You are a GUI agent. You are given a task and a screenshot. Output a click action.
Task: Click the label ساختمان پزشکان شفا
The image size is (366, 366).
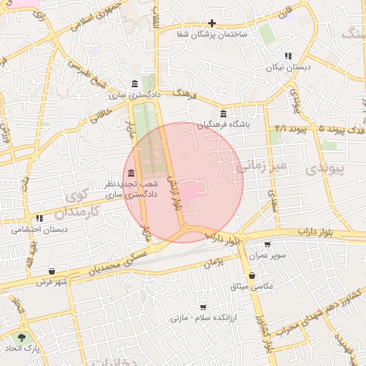coord(212,33)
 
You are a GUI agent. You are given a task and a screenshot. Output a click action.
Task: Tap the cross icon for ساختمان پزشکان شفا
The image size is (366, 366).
coord(212,23)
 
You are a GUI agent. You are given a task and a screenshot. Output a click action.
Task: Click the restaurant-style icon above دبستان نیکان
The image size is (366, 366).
coord(287,56)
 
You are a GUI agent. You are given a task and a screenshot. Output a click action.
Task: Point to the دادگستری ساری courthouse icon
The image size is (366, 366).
coord(135,84)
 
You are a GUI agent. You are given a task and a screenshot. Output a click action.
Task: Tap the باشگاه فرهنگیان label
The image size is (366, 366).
coord(224,124)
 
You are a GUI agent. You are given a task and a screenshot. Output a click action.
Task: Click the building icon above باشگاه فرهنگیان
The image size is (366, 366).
coord(224,114)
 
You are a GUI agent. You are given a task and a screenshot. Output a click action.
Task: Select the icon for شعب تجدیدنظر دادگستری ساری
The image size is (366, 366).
coord(131,174)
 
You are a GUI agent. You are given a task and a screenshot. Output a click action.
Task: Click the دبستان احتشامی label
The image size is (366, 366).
coord(39,230)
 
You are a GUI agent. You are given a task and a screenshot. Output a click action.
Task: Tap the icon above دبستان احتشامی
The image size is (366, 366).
coord(39,219)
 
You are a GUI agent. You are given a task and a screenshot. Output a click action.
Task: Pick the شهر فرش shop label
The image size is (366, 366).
coord(52,282)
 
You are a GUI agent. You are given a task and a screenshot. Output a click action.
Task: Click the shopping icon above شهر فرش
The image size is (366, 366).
coord(52,272)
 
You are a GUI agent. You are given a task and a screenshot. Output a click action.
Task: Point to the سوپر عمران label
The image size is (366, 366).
coord(267,255)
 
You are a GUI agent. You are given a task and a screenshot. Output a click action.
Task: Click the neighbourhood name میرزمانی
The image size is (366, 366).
coord(261,167)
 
